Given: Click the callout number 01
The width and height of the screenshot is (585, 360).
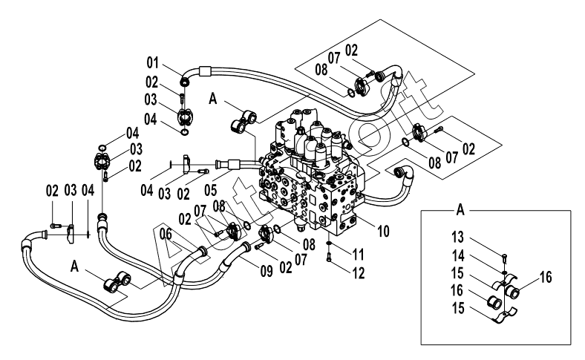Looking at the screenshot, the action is point(152,62).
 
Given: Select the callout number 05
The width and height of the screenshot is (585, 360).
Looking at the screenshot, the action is point(211,189).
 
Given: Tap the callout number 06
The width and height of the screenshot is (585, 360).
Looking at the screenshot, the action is point(166,235).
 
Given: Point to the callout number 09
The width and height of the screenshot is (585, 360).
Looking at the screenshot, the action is point(267,271).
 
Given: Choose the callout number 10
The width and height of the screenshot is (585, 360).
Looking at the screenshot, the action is point(383,232).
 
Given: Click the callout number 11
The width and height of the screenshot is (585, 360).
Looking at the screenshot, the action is point(358,255).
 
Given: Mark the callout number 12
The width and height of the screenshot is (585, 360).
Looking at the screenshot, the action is point(358,273).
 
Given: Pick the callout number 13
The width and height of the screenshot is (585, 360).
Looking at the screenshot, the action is point(458,237).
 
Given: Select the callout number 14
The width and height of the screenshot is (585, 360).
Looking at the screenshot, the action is point(458,256).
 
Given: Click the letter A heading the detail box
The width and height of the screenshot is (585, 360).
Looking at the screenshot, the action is point(460,210).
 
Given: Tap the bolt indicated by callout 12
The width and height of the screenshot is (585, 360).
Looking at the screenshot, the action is point(329,257).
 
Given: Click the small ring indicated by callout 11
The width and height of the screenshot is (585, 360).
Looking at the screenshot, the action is point(328,243).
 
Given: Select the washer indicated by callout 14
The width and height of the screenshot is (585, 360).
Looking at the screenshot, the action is point(504,272).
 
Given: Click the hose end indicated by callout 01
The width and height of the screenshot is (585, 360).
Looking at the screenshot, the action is point(185,81).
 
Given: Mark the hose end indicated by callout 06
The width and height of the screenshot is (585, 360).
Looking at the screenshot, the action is point(202,251).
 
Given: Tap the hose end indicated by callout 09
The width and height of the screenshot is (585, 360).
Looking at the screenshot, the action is point(246,247).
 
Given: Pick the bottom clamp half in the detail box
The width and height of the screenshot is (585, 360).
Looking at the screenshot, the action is point(503,315).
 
